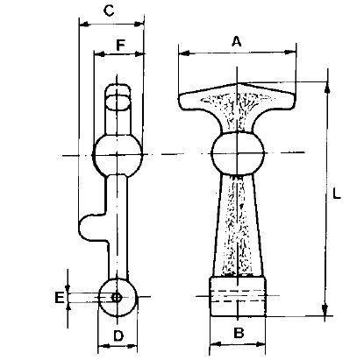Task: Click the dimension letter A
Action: pyautogui.click(x=237, y=41)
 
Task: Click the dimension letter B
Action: pyautogui.click(x=239, y=333)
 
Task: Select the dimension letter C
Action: pyautogui.click(x=109, y=11)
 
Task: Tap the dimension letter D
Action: pyautogui.click(x=118, y=335)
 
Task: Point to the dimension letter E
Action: pyautogui.click(x=60, y=298)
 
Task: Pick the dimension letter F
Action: pyautogui.click(x=120, y=46)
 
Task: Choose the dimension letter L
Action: pyautogui.click(x=337, y=194)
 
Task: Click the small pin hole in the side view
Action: pyautogui.click(x=117, y=298)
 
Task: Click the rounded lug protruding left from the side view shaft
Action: pyautogui.click(x=90, y=227)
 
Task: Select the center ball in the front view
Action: pyautogui.click(x=238, y=152)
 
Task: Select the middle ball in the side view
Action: pyautogui.click(x=118, y=155)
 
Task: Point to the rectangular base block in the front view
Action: pyautogui.click(x=238, y=296)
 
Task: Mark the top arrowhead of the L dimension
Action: pyautogui.click(x=327, y=87)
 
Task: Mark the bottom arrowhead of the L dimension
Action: pyautogui.click(x=325, y=310)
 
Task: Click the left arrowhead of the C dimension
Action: pyautogui.click(x=84, y=25)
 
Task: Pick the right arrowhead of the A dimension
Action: pyautogui.click(x=290, y=53)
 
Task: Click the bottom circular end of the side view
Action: pyautogui.click(x=117, y=298)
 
